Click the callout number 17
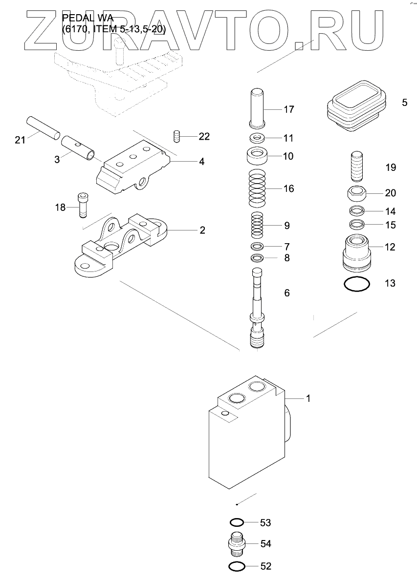click(289, 109)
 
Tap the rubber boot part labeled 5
click(355, 104)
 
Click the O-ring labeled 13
click(356, 284)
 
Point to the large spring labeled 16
click(259, 188)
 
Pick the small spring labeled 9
click(258, 225)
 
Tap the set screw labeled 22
click(177, 136)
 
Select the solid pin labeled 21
click(44, 126)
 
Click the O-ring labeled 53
click(237, 522)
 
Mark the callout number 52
click(265, 566)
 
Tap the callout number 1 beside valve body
click(308, 398)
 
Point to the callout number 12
click(390, 247)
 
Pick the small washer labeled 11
click(258, 138)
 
